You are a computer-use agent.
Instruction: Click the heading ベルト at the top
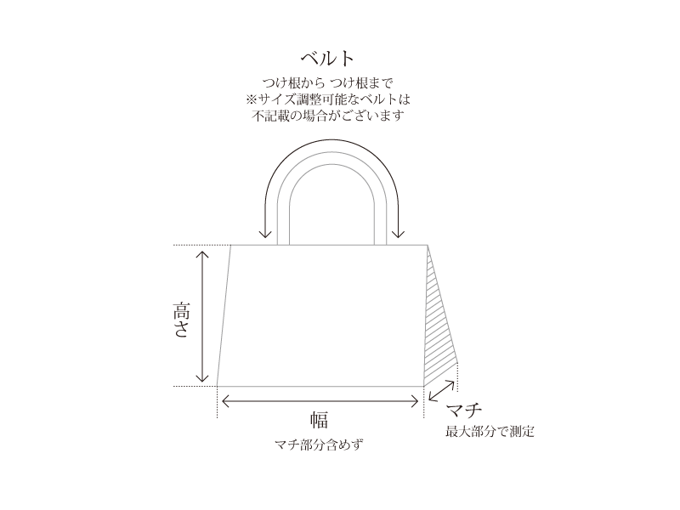pos(327,58)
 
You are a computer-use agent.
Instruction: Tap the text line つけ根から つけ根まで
pos(328,84)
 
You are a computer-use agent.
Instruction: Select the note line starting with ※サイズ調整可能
pos(328,99)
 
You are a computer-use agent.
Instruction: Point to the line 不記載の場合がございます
pos(328,115)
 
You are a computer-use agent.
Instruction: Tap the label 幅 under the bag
pos(320,420)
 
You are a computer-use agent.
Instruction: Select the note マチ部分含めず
pos(320,445)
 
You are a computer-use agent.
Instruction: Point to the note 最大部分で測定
pos(490,432)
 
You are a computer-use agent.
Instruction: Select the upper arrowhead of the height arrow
pos(202,252)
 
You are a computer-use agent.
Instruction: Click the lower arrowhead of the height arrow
pos(202,378)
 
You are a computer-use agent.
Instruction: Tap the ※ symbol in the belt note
pos(251,99)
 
